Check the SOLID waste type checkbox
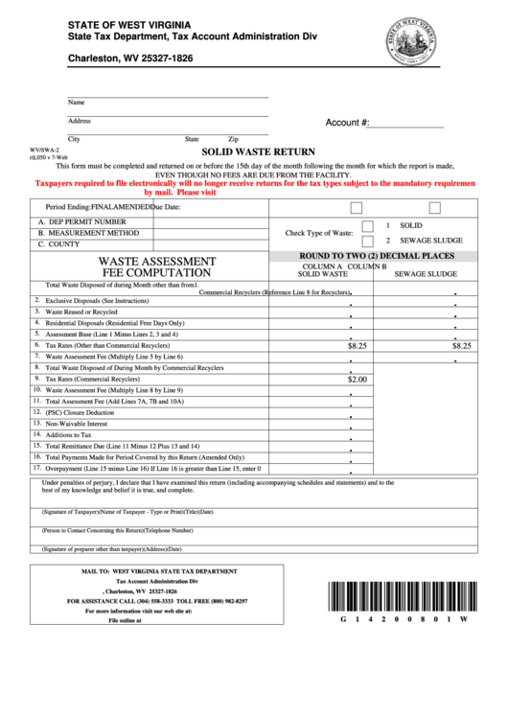(x=369, y=225)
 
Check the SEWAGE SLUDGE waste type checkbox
(x=369, y=241)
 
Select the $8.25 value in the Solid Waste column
(x=358, y=345)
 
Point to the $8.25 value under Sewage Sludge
(x=461, y=345)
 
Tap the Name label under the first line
(x=75, y=102)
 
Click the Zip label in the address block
(x=233, y=139)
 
